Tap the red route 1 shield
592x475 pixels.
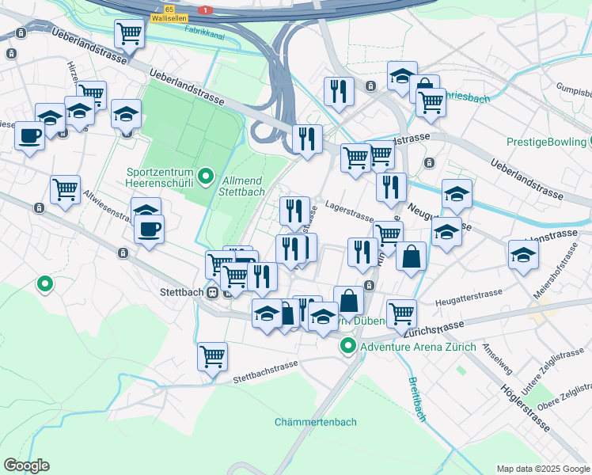click(x=206, y=9)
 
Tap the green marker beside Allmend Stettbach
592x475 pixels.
click(x=207, y=176)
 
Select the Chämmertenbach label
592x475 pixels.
click(x=315, y=422)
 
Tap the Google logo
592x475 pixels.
click(x=26, y=465)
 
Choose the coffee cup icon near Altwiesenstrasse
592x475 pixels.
click(x=148, y=230)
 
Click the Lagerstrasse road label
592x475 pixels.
click(x=349, y=216)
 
